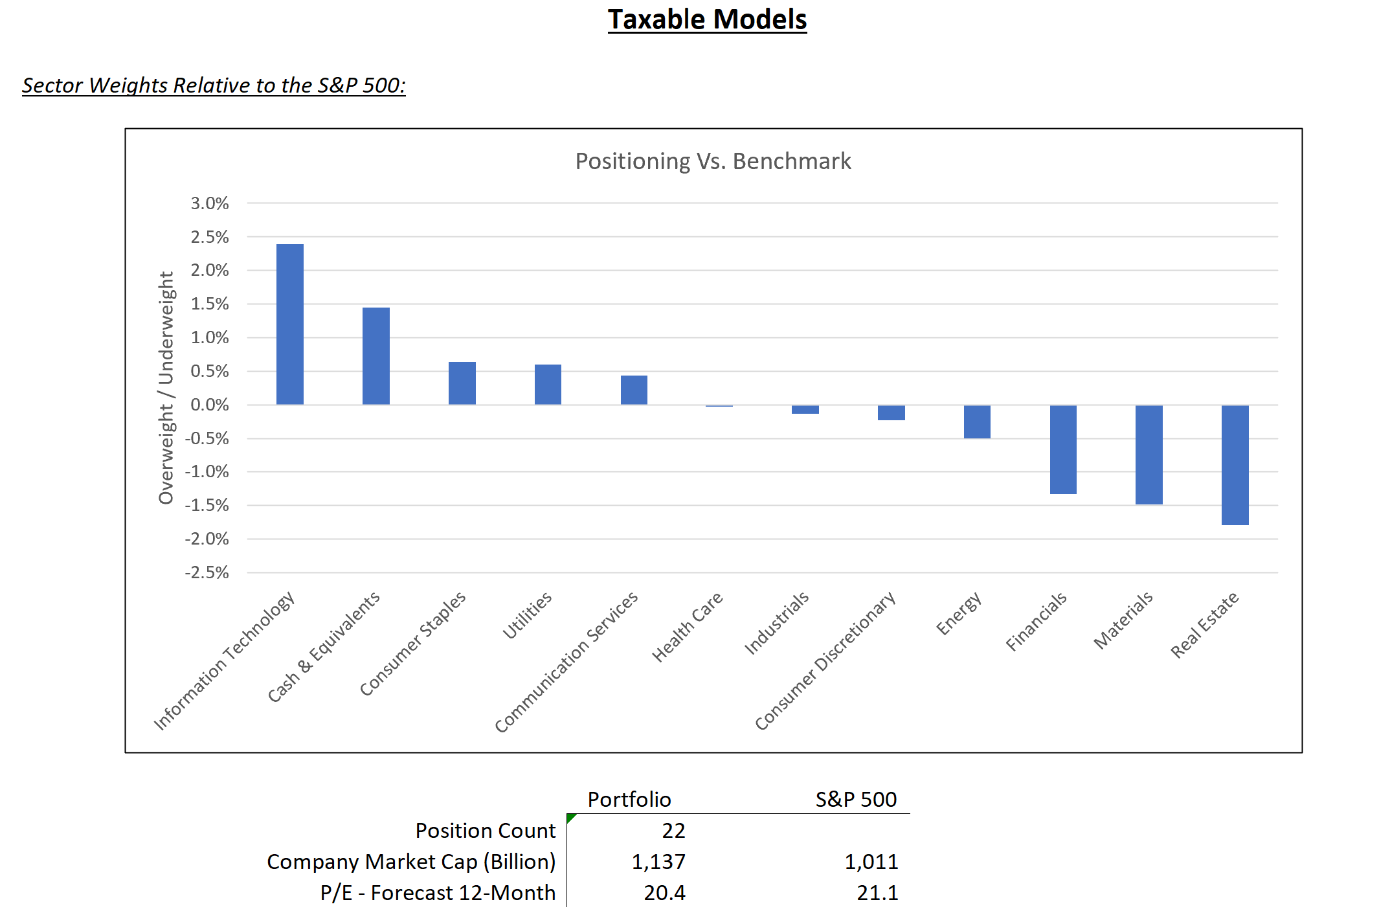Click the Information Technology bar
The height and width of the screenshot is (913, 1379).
point(289,324)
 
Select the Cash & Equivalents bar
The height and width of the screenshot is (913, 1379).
point(376,356)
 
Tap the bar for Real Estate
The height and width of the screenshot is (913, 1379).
point(1235,465)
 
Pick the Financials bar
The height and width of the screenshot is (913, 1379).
point(1062,449)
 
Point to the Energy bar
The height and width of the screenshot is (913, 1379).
point(976,422)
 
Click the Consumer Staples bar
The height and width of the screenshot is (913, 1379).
point(462,383)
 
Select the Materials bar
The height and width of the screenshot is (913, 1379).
point(1149,455)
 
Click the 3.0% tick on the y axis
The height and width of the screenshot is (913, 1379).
point(209,203)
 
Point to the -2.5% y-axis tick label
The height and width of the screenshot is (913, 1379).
point(207,572)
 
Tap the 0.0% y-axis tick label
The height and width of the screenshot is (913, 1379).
point(209,405)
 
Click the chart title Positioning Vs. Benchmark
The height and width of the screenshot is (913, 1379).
point(713,161)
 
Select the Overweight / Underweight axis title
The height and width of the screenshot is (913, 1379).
point(166,387)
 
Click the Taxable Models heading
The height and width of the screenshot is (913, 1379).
point(707,19)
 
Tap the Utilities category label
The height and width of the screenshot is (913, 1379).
point(528,615)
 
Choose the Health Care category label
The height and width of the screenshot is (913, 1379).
point(687,627)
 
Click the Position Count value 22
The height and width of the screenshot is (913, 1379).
point(673,831)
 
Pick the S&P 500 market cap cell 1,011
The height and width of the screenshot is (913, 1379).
point(871,862)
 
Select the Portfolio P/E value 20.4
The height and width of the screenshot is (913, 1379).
point(664,893)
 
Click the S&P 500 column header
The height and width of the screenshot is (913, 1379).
point(855,800)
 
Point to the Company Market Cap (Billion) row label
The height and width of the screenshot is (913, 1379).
point(411,862)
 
